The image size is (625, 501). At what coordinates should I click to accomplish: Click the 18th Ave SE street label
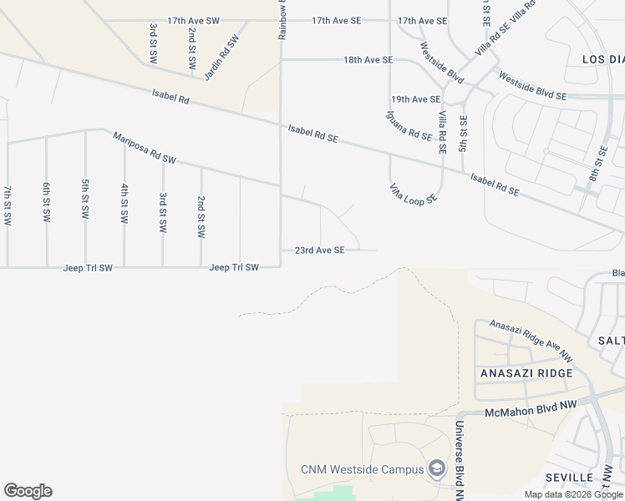coord(368,60)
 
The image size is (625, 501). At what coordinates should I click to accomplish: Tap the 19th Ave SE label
coord(411,99)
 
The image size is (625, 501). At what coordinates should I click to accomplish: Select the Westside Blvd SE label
coord(532,87)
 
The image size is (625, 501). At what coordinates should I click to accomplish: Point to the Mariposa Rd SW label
coord(145,147)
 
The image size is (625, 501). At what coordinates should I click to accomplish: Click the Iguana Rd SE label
coord(409,125)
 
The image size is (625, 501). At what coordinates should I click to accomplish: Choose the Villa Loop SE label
coord(413,194)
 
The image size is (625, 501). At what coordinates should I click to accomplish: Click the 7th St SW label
coord(8,205)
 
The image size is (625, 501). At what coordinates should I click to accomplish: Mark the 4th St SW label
coord(124,203)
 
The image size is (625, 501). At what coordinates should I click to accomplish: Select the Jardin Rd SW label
coord(221,56)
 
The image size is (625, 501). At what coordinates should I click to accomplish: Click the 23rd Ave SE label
coord(319,250)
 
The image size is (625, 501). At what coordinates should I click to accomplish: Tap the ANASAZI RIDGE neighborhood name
coord(526,373)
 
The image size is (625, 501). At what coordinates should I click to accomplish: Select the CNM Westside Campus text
coord(363,469)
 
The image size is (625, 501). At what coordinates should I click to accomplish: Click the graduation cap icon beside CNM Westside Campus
coord(436,468)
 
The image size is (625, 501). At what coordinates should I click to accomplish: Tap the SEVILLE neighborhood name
coord(569,477)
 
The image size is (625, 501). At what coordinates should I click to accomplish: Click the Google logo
coord(28,491)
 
